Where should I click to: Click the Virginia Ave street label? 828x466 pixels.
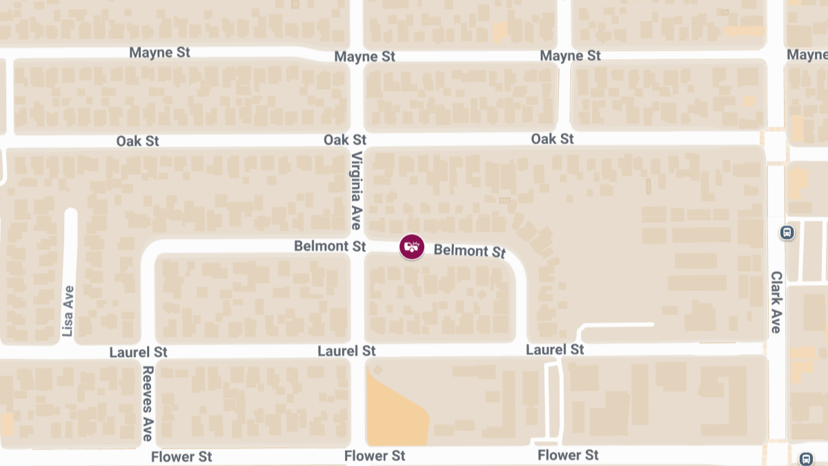(x=356, y=191)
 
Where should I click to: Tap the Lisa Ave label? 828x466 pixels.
(x=68, y=311)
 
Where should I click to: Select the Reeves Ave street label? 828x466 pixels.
(x=147, y=404)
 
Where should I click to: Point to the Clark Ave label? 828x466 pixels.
(x=776, y=302)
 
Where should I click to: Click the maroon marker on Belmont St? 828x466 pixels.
(x=412, y=246)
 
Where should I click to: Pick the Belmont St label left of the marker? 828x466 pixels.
(x=330, y=246)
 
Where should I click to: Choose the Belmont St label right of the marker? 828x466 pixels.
(x=470, y=251)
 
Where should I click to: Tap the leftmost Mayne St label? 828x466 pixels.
(x=159, y=52)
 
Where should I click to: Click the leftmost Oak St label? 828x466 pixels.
(x=137, y=141)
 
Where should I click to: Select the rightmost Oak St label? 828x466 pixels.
(x=552, y=139)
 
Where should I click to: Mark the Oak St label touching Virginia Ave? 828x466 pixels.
(x=345, y=140)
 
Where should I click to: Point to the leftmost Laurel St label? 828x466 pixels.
(x=138, y=352)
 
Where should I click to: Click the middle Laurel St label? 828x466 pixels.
(x=346, y=351)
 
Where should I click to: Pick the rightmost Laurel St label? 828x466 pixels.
(x=555, y=350)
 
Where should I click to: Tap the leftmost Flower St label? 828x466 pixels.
(x=181, y=456)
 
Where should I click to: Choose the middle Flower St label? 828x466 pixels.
(x=375, y=456)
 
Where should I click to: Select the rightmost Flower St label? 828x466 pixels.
(x=568, y=455)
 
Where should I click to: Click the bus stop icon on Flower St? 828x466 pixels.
(x=805, y=458)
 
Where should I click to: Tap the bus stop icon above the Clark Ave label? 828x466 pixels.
(x=787, y=233)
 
